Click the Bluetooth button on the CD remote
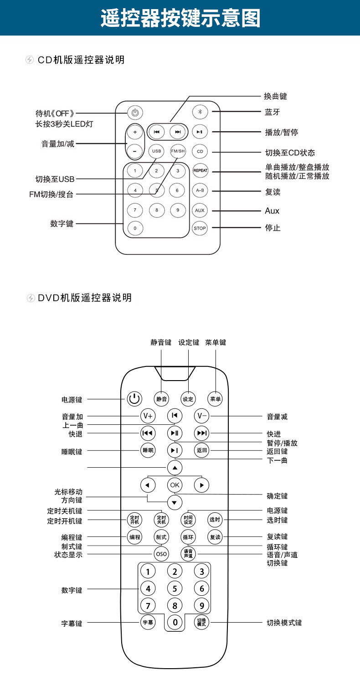tap(200, 112)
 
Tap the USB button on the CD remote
tap(156, 151)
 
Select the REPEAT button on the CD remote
tap(200, 170)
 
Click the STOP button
tap(200, 228)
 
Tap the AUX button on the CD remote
tap(200, 210)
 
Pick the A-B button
tap(200, 190)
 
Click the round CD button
tap(200, 151)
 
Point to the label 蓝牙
tap(273, 112)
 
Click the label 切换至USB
tap(55, 179)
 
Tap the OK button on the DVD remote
tap(175, 485)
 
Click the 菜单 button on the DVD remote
tap(215, 399)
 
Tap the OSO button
tap(161, 554)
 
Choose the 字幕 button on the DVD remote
tap(148, 622)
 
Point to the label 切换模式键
tap(284, 623)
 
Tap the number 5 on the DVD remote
tap(175, 588)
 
